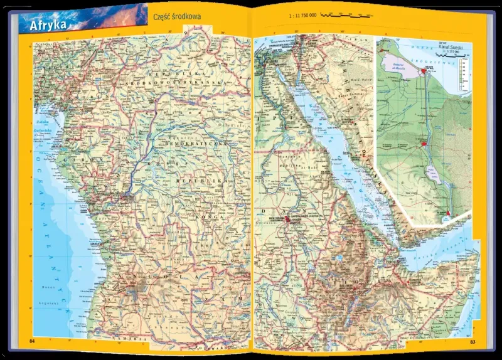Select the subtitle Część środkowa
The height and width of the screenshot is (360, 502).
click(x=177, y=16)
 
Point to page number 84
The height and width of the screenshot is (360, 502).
click(x=33, y=341)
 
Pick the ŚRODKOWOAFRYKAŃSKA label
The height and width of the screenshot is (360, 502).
click(x=166, y=82)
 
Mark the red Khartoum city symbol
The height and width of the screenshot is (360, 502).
click(x=288, y=220)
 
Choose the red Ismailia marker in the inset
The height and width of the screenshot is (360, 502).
click(x=425, y=144)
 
